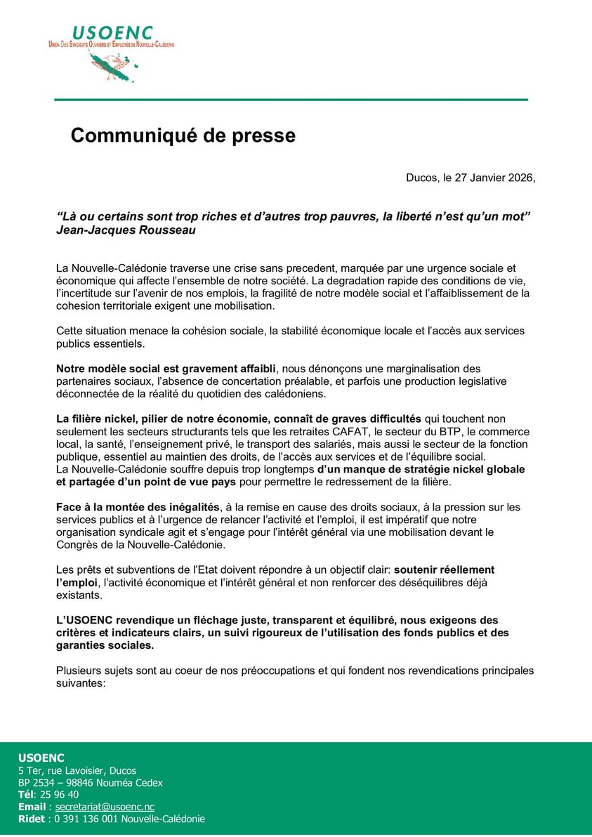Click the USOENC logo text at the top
pyautogui.click(x=112, y=33)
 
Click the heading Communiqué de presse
pyautogui.click(x=183, y=135)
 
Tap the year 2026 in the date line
pyautogui.click(x=519, y=178)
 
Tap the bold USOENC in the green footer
pyautogui.click(x=41, y=758)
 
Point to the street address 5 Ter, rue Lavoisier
pyautogui.click(x=77, y=770)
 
